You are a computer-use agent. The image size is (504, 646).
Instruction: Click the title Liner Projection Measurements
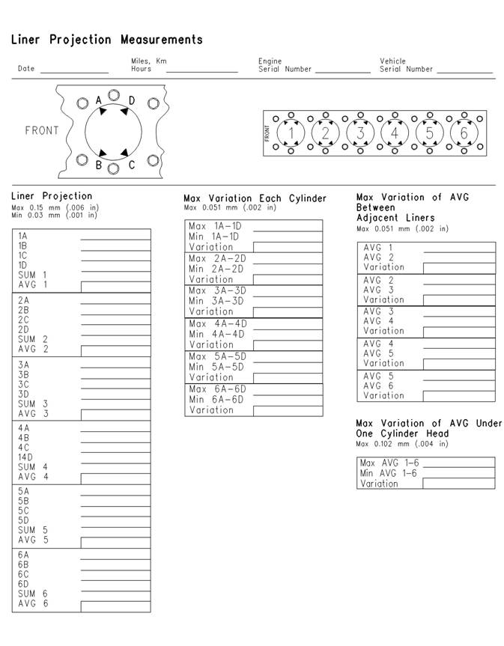(x=106, y=40)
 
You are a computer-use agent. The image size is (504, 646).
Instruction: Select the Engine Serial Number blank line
(x=342, y=70)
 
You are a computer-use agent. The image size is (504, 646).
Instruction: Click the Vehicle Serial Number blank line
(x=464, y=70)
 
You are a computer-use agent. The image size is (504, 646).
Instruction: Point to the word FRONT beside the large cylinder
(x=42, y=130)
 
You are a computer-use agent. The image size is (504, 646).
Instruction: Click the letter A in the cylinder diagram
(x=99, y=100)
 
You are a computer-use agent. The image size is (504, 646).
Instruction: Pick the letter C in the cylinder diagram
(x=132, y=165)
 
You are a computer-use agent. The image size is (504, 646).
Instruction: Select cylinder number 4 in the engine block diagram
(x=395, y=133)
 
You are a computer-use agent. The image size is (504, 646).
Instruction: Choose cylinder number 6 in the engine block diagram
(x=464, y=133)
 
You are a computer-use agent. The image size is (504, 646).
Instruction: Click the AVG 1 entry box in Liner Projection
(x=115, y=285)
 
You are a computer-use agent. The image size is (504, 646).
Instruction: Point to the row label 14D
(x=25, y=457)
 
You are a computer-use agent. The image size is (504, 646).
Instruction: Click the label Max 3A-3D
(x=217, y=290)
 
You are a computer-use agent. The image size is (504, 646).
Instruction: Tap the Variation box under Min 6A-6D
(x=288, y=410)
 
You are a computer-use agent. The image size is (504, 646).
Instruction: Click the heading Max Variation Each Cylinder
(x=255, y=198)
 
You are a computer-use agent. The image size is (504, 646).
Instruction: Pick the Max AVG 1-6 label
(x=388, y=463)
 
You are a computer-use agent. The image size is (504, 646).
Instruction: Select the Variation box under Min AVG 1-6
(x=458, y=484)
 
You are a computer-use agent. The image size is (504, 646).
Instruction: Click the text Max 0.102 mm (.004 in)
(x=402, y=444)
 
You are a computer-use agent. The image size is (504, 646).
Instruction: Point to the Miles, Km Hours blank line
(x=201, y=70)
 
